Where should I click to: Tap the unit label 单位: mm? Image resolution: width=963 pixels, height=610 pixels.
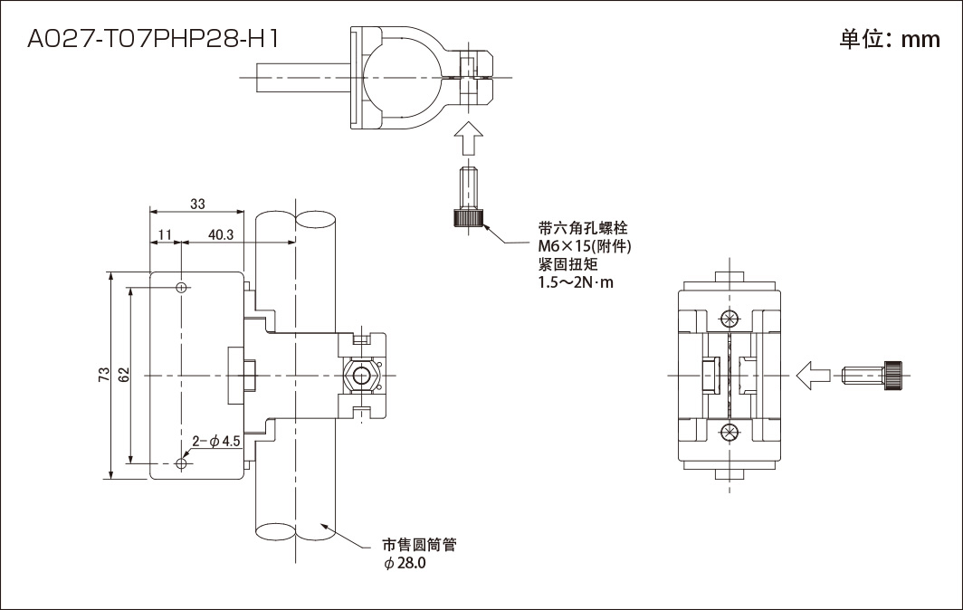pyautogui.click(x=890, y=40)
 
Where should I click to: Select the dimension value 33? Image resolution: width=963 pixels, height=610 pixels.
pyautogui.click(x=197, y=205)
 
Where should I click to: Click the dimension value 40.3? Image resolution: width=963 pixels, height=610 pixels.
pyautogui.click(x=221, y=234)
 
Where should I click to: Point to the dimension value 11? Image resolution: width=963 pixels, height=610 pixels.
pyautogui.click(x=165, y=234)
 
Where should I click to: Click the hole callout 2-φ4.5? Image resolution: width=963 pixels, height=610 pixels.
pyautogui.click(x=215, y=442)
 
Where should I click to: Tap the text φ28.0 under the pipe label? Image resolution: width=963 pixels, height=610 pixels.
pyautogui.click(x=405, y=564)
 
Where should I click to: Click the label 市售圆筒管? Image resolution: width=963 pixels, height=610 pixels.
pyautogui.click(x=418, y=546)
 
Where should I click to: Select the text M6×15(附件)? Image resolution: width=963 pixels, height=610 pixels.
pyautogui.click(x=584, y=247)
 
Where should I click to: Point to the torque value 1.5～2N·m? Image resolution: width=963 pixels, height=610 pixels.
pyautogui.click(x=576, y=283)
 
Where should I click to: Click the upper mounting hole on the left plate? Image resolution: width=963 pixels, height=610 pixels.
pyautogui.click(x=183, y=288)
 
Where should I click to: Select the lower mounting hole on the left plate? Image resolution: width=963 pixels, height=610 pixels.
pyautogui.click(x=183, y=463)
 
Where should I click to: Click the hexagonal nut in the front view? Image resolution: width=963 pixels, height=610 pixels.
pyautogui.click(x=363, y=375)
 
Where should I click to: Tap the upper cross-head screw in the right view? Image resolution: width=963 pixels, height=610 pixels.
pyautogui.click(x=729, y=319)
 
